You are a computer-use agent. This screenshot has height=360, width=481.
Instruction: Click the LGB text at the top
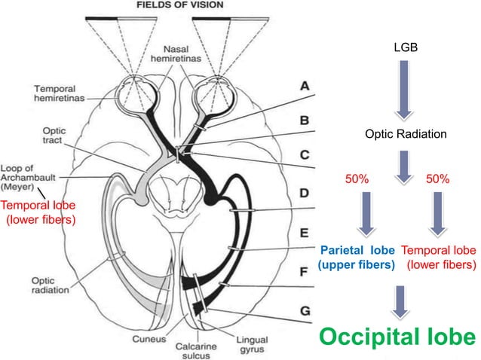405,48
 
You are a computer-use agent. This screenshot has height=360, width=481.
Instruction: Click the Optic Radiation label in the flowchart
406,134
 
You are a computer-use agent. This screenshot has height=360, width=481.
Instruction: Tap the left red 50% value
357,179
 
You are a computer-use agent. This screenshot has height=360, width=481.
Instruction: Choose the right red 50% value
437,179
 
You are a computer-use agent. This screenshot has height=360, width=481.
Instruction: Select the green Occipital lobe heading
397,337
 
